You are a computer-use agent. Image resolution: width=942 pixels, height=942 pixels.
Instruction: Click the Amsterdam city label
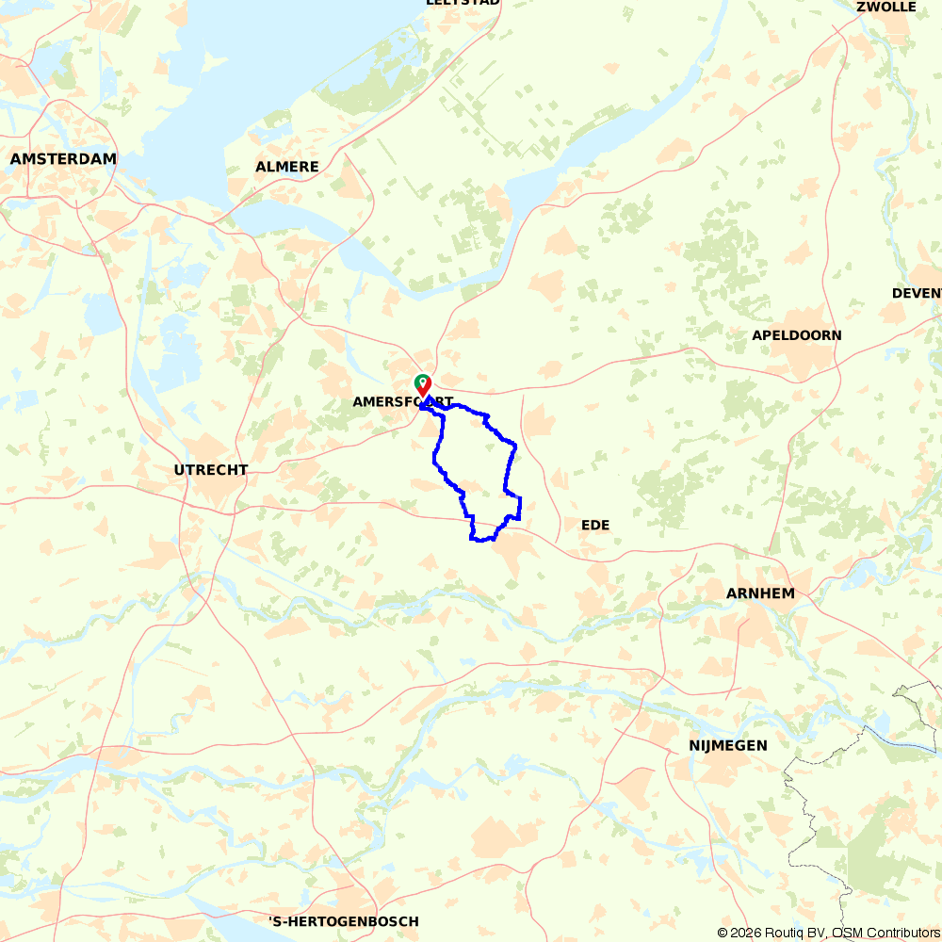pyautogui.click(x=63, y=159)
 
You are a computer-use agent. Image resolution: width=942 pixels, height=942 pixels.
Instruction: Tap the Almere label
pyautogui.click(x=287, y=167)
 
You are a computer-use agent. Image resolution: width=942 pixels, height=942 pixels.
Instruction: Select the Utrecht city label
pyautogui.click(x=211, y=469)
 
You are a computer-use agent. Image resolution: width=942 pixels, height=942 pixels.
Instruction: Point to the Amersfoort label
pyautogui.click(x=402, y=402)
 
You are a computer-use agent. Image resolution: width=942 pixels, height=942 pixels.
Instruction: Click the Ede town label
pyautogui.click(x=595, y=525)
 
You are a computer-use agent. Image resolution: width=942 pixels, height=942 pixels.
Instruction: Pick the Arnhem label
pyautogui.click(x=760, y=593)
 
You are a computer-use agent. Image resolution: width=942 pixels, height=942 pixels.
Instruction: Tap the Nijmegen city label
pyautogui.click(x=722, y=745)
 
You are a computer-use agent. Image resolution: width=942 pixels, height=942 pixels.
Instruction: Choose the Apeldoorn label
pyautogui.click(x=797, y=335)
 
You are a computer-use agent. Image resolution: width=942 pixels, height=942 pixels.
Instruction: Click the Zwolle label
pyautogui.click(x=886, y=7)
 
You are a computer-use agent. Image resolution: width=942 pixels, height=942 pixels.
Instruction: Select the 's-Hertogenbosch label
pyautogui.click(x=344, y=921)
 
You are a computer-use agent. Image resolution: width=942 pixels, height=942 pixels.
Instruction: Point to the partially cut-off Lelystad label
pyautogui.click(x=463, y=3)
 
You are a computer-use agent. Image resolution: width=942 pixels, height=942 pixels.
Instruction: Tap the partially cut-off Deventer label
pyautogui.click(x=917, y=293)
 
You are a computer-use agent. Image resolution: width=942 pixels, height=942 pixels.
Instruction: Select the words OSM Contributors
pyautogui.click(x=882, y=933)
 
